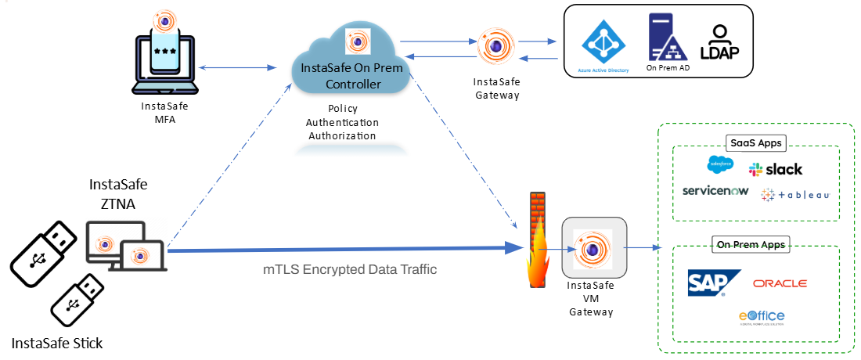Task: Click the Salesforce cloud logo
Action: tap(719, 164)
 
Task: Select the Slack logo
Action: tap(776, 169)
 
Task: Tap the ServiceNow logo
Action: tap(715, 190)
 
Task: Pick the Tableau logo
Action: tap(794, 193)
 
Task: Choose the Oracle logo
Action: tap(780, 283)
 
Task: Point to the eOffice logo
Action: tap(762, 316)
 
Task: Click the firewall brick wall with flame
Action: tap(535, 243)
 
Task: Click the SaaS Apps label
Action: tap(755, 144)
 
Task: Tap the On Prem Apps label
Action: tap(750, 244)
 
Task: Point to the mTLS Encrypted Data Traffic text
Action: tap(349, 269)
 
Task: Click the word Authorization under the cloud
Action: tap(341, 135)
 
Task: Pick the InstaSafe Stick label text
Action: tap(57, 343)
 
